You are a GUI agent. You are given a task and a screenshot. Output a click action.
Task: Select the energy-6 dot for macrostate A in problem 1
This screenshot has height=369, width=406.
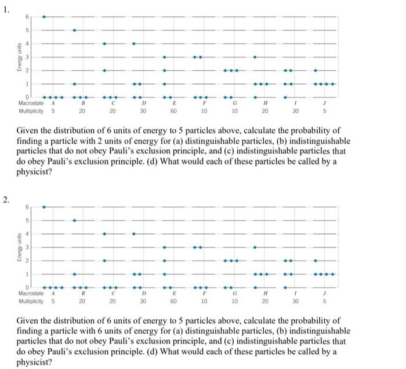click(x=44, y=16)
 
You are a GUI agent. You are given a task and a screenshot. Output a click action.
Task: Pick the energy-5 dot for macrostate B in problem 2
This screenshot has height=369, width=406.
click(x=74, y=220)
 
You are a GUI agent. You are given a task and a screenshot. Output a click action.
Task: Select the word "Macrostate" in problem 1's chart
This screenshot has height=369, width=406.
click(x=31, y=103)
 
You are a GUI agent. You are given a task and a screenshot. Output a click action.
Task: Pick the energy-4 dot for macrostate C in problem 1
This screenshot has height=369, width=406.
click(x=104, y=43)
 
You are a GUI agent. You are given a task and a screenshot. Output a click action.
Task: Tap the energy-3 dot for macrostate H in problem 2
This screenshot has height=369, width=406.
click(x=255, y=247)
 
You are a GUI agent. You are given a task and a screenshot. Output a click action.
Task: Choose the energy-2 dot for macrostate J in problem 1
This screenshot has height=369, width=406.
click(x=315, y=70)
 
